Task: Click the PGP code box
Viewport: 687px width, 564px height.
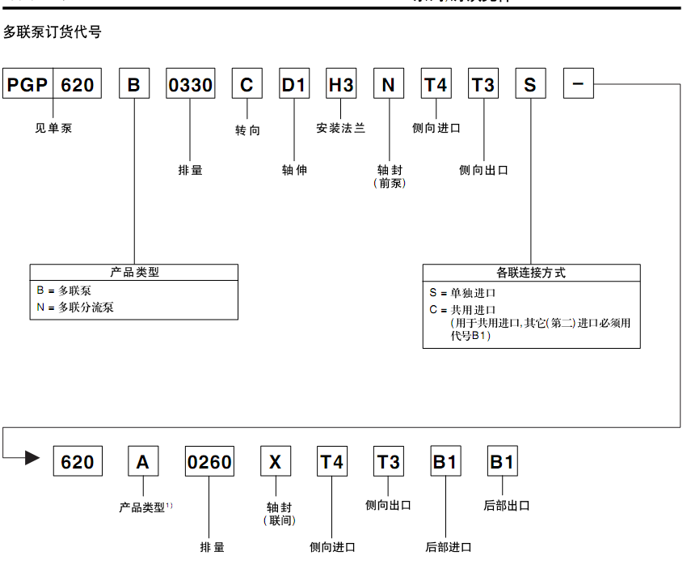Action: point(28,84)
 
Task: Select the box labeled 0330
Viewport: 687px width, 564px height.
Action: point(191,84)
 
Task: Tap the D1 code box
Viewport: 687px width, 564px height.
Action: point(294,84)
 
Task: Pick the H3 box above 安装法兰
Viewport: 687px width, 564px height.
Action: point(340,84)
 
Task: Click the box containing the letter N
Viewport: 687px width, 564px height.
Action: point(389,84)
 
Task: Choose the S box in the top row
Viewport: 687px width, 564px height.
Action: point(530,84)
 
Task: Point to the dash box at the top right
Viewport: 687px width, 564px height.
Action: point(578,84)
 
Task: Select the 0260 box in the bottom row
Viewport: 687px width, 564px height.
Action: point(209,462)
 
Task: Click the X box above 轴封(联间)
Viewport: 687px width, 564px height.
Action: point(276,462)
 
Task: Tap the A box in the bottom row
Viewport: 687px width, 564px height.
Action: point(143,462)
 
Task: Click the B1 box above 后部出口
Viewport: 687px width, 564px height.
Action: point(502,462)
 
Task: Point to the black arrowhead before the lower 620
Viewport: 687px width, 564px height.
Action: point(32,458)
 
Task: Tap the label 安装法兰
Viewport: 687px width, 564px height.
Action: point(340,128)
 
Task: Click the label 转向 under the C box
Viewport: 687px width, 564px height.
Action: point(247,130)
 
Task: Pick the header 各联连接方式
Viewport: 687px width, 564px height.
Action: point(531,273)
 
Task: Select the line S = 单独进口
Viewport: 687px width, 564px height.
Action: point(462,293)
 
